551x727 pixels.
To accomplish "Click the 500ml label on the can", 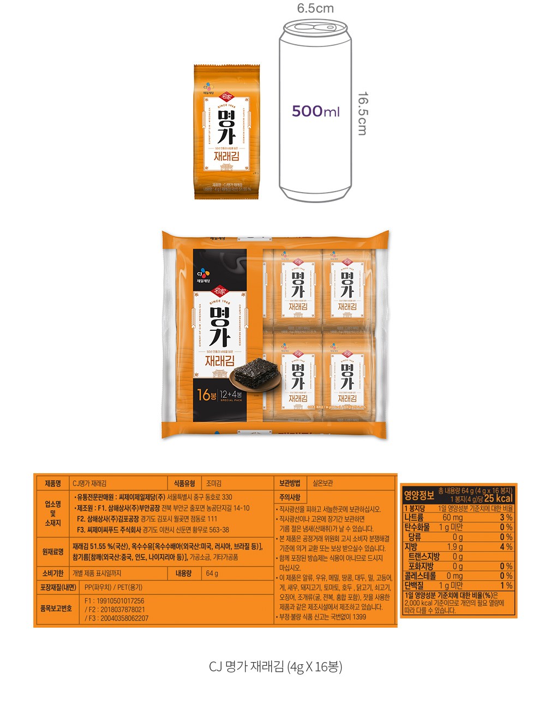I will (315, 111).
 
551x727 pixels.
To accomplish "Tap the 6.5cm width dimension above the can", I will (315, 8).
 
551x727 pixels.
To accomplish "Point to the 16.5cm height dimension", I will (362, 113).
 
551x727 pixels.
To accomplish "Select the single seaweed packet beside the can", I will (227, 132).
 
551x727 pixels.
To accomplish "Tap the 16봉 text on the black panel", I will (207, 395).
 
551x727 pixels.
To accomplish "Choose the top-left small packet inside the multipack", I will (297, 289).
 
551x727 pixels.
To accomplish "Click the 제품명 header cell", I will (53, 484).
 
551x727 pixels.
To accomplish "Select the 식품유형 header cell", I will (184, 484).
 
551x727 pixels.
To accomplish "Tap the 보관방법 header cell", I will (290, 484).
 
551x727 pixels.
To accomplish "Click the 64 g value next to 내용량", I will (212, 574).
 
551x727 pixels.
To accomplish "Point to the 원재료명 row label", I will (53, 552).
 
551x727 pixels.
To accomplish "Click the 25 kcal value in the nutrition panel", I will (499, 498).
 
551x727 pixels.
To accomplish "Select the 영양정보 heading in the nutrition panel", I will (419, 496).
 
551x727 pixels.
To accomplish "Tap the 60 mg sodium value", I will (452, 517).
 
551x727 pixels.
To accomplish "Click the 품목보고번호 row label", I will (56, 609).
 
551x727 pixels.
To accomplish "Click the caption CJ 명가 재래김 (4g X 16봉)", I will (275, 666).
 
